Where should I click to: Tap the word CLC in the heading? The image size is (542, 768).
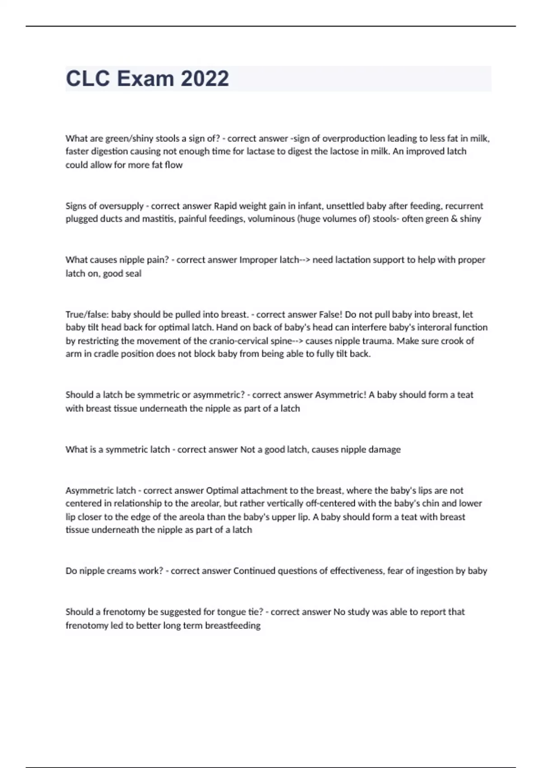click(x=88, y=79)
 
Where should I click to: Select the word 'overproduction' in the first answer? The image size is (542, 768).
click(x=354, y=138)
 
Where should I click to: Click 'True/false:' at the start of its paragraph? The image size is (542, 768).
click(x=87, y=314)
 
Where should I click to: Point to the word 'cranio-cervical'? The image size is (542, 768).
click(x=238, y=341)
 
